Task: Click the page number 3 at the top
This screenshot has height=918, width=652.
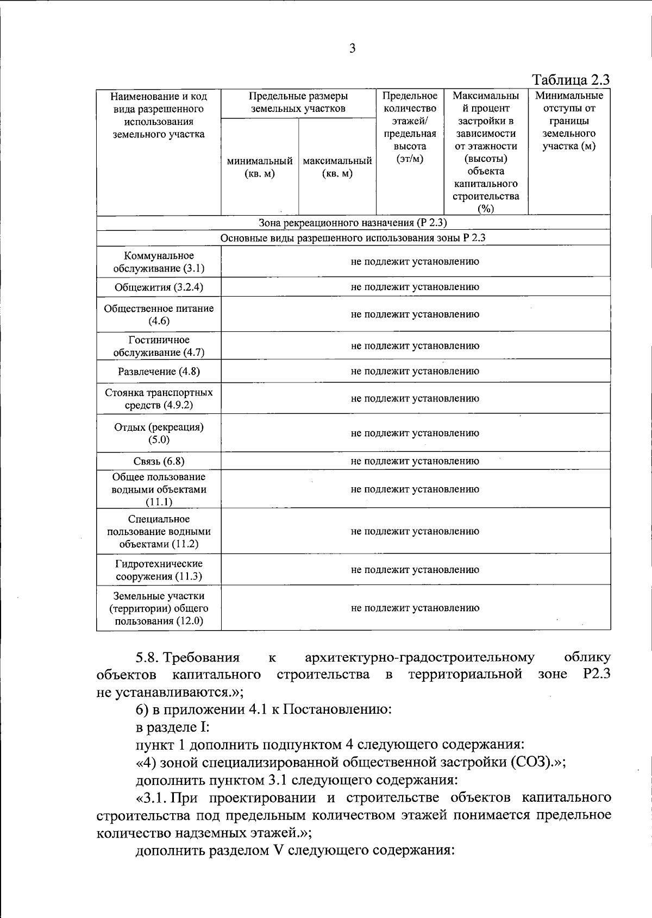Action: click(352, 48)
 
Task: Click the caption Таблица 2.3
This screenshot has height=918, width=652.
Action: click(570, 80)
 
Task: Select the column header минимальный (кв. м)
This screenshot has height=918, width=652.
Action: click(260, 167)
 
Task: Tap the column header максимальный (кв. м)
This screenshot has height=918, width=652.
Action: click(337, 167)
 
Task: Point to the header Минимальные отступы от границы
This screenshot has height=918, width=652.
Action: click(569, 121)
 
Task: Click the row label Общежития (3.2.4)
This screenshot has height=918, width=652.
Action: click(159, 287)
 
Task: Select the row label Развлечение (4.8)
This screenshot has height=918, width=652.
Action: click(159, 372)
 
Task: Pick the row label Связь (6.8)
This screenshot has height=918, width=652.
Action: click(159, 461)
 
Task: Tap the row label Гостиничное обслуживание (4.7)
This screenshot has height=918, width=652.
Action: click(159, 346)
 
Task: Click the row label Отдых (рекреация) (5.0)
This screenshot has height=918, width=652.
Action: click(159, 433)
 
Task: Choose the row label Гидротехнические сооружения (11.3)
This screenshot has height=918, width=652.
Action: click(159, 570)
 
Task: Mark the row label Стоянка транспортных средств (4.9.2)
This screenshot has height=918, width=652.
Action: click(159, 399)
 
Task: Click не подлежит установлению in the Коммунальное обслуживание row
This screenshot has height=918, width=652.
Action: click(415, 262)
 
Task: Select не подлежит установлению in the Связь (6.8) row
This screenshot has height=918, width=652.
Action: click(415, 461)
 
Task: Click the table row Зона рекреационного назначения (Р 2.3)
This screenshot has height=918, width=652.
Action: click(353, 223)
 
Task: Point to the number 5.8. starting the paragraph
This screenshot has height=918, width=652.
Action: click(146, 658)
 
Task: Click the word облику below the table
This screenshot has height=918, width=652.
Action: click(587, 658)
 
